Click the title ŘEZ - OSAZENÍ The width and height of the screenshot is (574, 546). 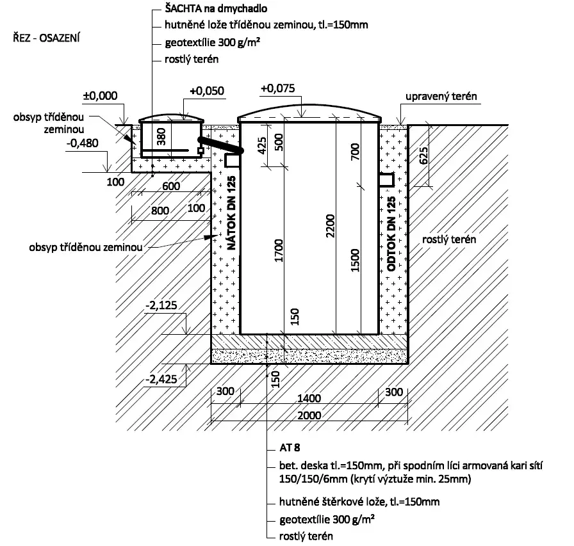click(x=47, y=38)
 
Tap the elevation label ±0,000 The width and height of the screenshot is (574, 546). click(x=101, y=96)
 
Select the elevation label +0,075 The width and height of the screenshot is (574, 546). click(x=278, y=88)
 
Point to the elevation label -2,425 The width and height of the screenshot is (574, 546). click(x=161, y=379)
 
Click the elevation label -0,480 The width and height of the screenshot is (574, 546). click(x=83, y=143)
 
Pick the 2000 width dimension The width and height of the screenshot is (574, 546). click(x=309, y=415)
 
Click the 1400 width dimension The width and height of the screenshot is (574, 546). click(x=309, y=398)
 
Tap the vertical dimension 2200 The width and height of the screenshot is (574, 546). click(x=330, y=226)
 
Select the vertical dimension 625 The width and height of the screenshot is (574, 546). click(x=423, y=156)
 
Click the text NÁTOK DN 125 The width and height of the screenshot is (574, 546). click(x=232, y=213)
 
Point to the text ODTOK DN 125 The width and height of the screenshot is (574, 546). click(x=391, y=234)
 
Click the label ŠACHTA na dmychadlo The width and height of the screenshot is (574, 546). click(x=216, y=8)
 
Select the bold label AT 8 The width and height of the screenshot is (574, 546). click(x=290, y=447)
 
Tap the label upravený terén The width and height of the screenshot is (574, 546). click(x=441, y=97)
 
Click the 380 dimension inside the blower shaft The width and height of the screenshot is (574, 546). click(x=161, y=136)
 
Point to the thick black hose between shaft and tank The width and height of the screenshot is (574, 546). click(x=220, y=145)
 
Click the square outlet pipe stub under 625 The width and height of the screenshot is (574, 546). click(x=386, y=181)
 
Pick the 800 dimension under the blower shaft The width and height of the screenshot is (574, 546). click(x=160, y=211)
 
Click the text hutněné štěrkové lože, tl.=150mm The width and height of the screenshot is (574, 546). click(x=359, y=502)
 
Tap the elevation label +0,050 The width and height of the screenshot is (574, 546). click(x=207, y=91)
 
